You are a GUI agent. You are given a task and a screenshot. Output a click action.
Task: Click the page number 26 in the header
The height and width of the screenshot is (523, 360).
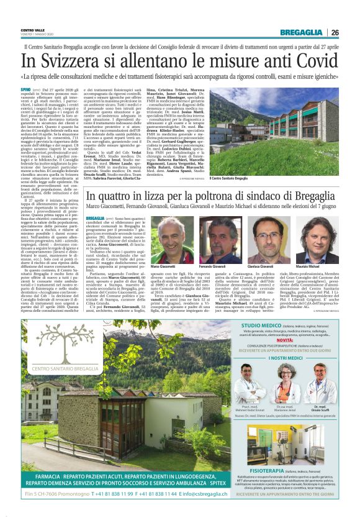point(335,32)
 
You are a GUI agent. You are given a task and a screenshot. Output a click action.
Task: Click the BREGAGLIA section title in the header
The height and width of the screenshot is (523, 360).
point(301,32)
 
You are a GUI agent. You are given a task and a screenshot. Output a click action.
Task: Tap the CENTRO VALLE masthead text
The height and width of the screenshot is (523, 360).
point(33,30)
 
